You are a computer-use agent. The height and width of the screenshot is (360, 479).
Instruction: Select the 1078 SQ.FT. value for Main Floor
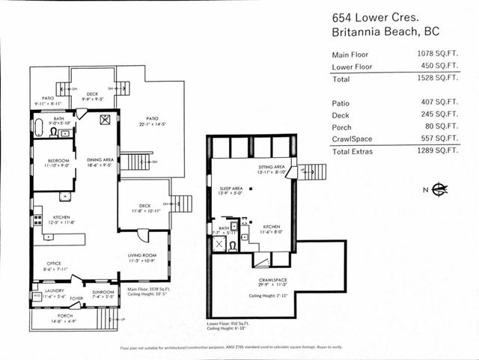(x=437, y=54)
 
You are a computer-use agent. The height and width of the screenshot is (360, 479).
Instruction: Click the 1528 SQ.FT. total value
(x=437, y=78)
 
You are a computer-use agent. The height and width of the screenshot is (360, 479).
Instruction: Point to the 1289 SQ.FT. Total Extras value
(x=437, y=150)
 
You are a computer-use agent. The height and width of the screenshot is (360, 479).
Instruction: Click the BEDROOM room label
(x=59, y=161)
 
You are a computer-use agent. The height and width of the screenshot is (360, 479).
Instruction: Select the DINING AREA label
(x=99, y=159)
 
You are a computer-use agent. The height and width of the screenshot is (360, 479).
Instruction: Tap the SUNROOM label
(x=103, y=291)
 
